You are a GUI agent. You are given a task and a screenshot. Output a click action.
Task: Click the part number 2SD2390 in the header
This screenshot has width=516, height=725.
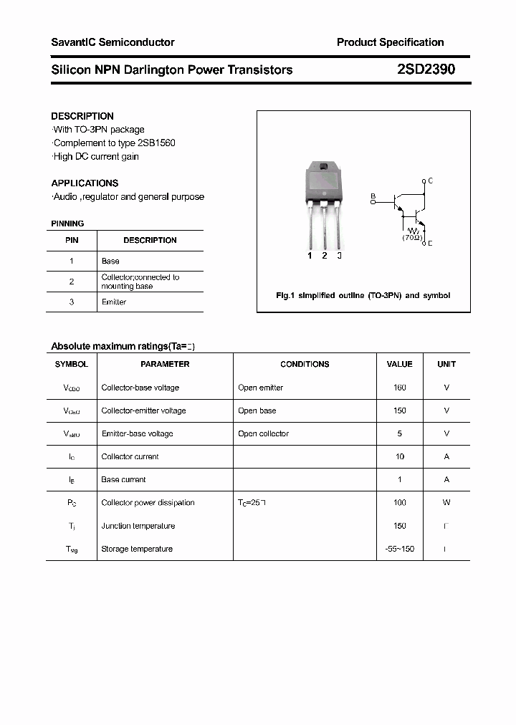pyautogui.click(x=426, y=69)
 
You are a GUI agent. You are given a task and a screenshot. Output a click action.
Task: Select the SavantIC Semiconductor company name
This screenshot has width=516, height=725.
pyautogui.click(x=113, y=42)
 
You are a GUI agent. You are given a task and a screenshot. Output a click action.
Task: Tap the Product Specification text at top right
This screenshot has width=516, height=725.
pyautogui.click(x=390, y=42)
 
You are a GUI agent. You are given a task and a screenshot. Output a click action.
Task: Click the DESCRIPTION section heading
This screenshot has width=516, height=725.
pyautogui.click(x=82, y=116)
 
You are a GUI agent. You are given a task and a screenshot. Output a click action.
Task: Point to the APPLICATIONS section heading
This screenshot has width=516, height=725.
pyautogui.click(x=85, y=183)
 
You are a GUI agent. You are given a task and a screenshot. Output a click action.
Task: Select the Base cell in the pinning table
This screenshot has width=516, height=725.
pyautogui.click(x=110, y=261)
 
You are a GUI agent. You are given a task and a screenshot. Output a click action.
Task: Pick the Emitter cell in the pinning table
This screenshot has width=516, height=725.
pyautogui.click(x=114, y=302)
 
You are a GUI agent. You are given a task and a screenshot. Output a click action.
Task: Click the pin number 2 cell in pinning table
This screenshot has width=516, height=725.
pyautogui.click(x=72, y=282)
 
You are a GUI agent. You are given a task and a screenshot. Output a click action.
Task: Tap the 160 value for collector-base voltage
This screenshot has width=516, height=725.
pyautogui.click(x=399, y=388)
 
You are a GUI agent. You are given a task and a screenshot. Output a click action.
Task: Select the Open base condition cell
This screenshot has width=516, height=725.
pyautogui.click(x=257, y=410)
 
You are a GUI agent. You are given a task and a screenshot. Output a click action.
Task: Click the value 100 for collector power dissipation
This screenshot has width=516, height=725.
pyautogui.click(x=399, y=503)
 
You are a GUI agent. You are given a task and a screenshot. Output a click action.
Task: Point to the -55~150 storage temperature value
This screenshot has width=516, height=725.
pyautogui.click(x=399, y=549)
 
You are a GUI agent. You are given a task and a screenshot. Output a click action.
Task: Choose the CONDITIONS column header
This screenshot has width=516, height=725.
pyautogui.click(x=305, y=364)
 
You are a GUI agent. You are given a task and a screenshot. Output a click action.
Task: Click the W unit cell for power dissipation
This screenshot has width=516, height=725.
pyautogui.click(x=446, y=503)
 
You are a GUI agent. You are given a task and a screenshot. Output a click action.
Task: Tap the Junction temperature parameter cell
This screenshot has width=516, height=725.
pyautogui.click(x=138, y=526)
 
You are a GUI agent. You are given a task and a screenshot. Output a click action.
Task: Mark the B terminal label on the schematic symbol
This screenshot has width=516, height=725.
pyautogui.click(x=372, y=196)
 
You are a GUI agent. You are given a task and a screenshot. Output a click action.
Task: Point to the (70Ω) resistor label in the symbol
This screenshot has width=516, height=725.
pyautogui.click(x=411, y=236)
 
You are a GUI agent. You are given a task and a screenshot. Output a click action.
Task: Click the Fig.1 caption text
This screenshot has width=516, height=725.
pyautogui.click(x=363, y=295)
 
